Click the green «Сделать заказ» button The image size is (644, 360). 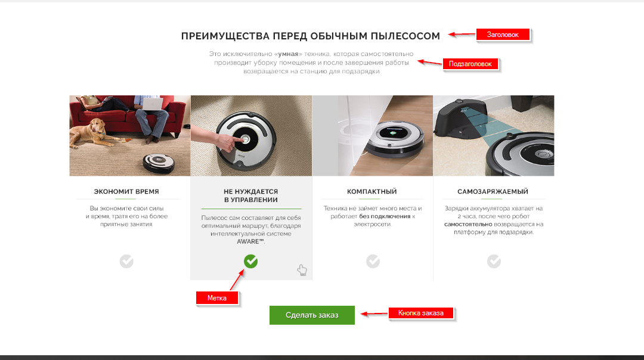tap(312, 315)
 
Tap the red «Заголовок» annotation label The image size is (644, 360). tap(503, 35)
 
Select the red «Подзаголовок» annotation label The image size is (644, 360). tap(470, 64)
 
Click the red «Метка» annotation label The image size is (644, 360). tap(217, 298)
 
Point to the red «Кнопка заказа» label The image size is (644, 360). tap(421, 313)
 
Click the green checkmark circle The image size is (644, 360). tap(250, 261)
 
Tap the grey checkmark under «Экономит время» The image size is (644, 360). tap(126, 261)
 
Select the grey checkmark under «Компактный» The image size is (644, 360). tap(373, 261)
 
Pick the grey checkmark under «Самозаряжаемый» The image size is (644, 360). tap(494, 261)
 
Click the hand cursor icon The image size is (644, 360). tap(302, 270)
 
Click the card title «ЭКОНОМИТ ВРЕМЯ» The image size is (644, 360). tap(126, 191)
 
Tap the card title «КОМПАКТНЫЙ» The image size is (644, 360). tap(372, 191)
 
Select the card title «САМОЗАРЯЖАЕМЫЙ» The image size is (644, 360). tap(493, 191)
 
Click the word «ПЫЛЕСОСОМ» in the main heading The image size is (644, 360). tap(405, 36)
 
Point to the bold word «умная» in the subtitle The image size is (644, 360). tap(289, 54)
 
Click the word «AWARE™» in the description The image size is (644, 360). tap(250, 241)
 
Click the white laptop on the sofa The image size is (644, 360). tap(153, 103)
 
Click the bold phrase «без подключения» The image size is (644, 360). tap(385, 216)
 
